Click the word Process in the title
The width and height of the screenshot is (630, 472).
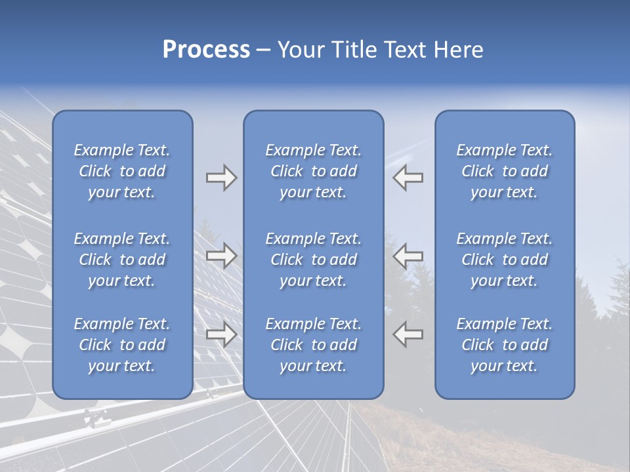[206, 50]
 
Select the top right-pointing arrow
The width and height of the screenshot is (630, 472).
[221, 178]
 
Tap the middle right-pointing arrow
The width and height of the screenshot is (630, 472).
[221, 256]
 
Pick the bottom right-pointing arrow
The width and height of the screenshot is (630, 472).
[221, 334]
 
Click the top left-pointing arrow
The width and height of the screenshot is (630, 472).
[408, 178]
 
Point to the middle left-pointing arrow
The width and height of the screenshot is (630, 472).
[408, 256]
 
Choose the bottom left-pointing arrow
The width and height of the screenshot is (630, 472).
[408, 334]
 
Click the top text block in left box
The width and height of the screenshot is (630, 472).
[122, 171]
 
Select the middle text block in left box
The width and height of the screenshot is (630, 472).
[122, 260]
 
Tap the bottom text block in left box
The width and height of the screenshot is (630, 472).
[122, 345]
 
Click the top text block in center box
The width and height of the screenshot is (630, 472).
[313, 171]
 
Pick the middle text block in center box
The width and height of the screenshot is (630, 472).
[313, 260]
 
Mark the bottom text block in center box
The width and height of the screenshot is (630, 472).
[313, 345]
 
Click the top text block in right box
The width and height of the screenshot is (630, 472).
[504, 171]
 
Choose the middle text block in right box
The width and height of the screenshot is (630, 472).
[504, 260]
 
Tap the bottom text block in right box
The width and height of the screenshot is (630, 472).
[504, 345]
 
